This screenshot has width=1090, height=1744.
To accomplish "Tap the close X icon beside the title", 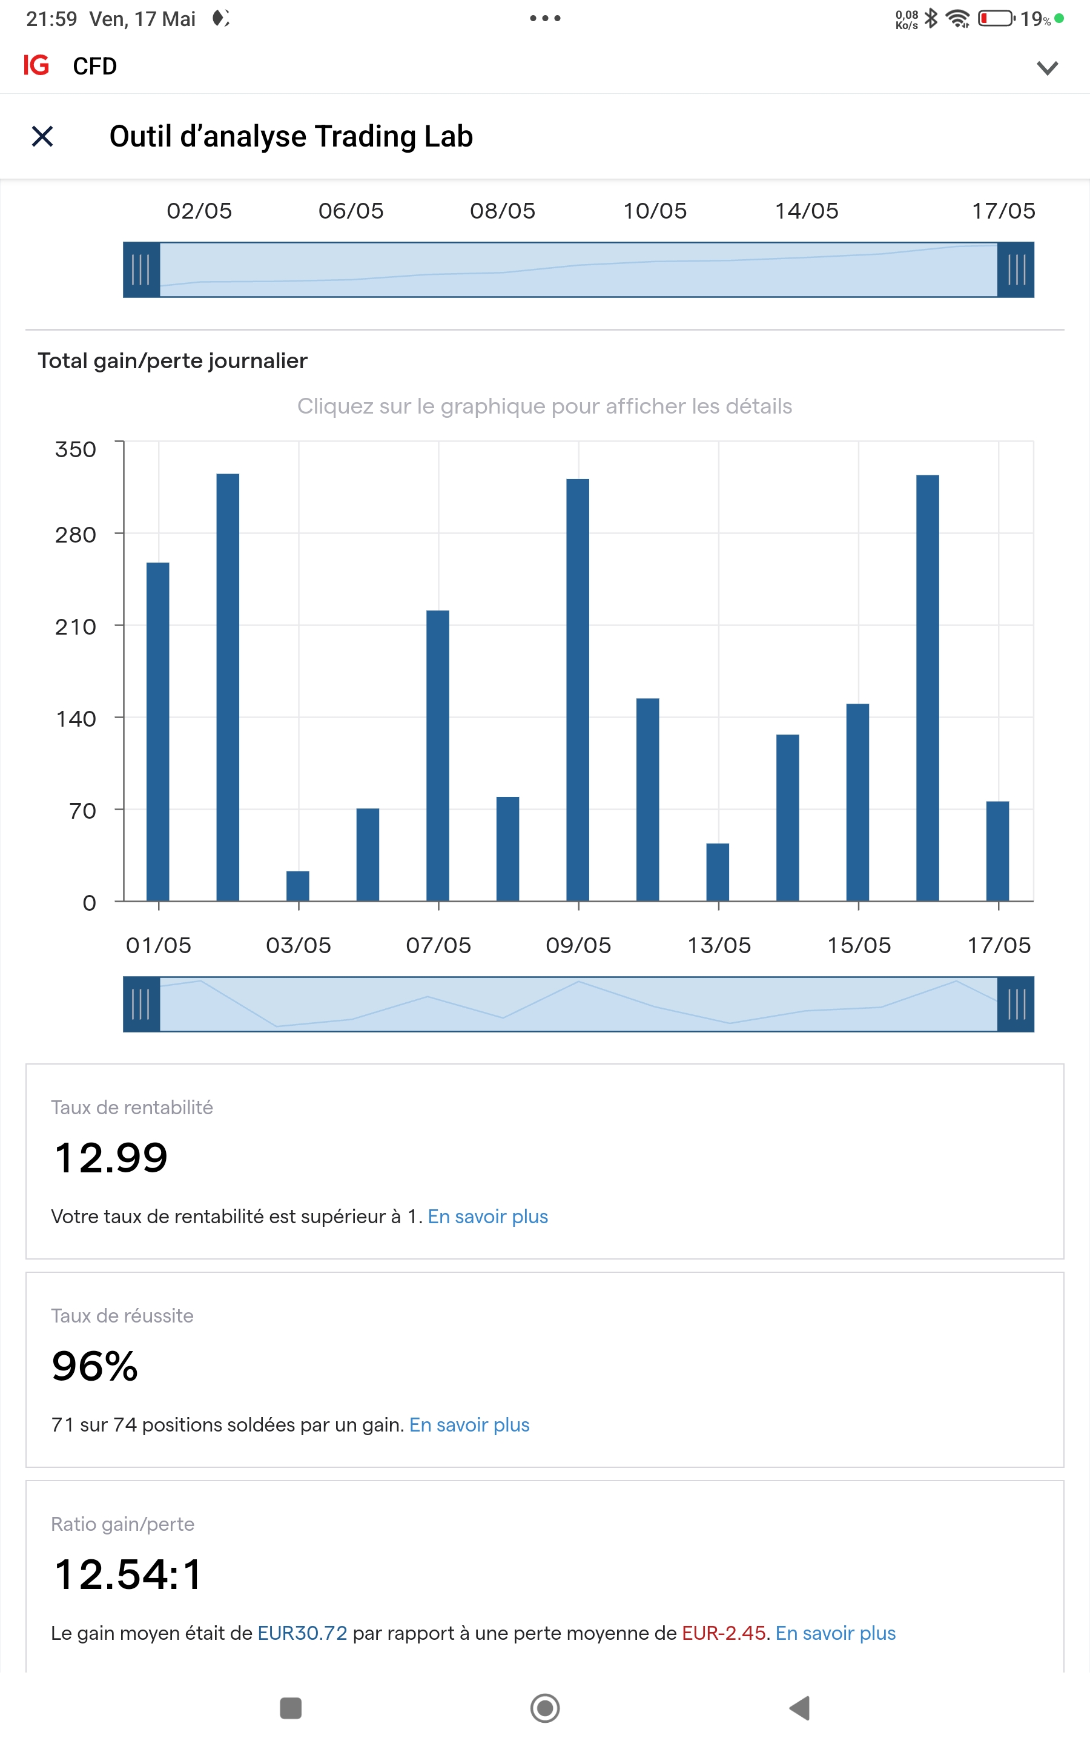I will [42, 136].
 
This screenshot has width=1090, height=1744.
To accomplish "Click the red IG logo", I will [36, 65].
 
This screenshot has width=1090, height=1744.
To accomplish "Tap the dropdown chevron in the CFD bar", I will [1047, 68].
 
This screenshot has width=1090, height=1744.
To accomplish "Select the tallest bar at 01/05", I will [158, 732].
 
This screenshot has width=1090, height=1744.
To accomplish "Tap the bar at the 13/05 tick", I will [718, 872].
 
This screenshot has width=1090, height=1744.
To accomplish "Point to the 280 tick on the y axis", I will [76, 535].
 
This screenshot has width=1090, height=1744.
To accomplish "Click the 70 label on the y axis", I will [83, 811].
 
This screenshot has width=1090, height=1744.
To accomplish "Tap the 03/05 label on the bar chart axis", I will [299, 945].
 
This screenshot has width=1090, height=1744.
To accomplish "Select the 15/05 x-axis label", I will [859, 945].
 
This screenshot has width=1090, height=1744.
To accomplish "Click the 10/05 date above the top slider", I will [655, 211].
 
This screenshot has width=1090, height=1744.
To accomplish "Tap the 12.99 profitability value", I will [111, 1158].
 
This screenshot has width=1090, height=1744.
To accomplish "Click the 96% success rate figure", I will [94, 1366].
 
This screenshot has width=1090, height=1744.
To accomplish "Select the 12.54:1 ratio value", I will [128, 1574].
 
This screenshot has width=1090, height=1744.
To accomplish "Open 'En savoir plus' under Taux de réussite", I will [469, 1425].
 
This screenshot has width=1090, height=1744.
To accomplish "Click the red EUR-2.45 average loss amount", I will [723, 1633].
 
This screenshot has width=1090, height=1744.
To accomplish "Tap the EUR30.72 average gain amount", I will [302, 1633].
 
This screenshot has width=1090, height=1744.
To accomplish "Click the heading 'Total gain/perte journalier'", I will [173, 360].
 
